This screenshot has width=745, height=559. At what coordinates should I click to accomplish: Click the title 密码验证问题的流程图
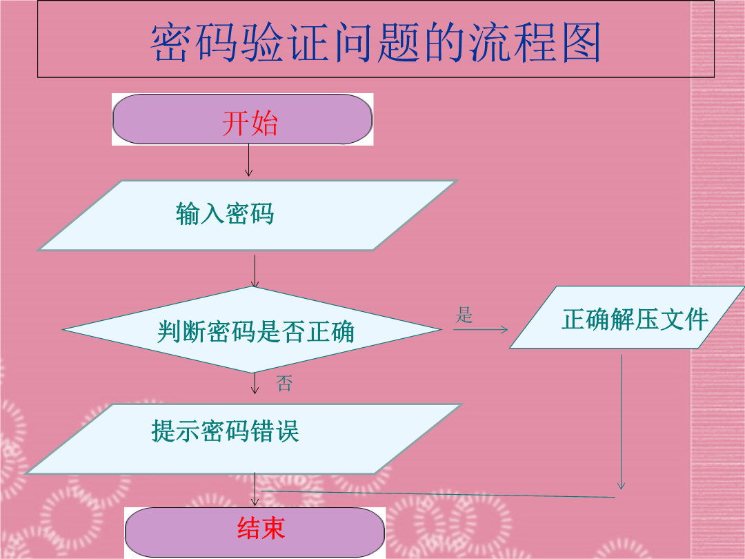click(375, 42)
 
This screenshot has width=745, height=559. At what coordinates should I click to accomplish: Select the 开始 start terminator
click(242, 119)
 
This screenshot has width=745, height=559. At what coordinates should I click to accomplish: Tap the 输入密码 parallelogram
click(247, 215)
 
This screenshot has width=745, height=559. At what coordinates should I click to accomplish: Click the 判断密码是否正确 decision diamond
click(252, 330)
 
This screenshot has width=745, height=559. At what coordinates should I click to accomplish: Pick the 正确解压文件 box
click(627, 317)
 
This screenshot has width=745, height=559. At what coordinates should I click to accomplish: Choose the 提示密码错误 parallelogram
click(244, 439)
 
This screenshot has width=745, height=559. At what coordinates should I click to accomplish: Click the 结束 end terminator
click(255, 532)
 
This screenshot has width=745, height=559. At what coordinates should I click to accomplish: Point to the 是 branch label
click(464, 315)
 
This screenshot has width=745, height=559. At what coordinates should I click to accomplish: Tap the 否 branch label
click(284, 383)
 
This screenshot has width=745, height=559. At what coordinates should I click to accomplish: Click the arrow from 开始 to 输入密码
click(248, 160)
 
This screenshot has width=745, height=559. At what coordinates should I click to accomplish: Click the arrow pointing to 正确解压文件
click(480, 329)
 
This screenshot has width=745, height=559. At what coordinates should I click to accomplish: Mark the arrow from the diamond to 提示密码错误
click(255, 384)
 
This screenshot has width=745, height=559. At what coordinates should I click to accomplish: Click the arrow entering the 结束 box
click(255, 489)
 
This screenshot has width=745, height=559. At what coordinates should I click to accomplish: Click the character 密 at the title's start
click(170, 42)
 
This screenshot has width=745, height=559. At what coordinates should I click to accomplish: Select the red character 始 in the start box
click(264, 123)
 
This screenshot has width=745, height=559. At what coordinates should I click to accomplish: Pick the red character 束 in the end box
click(272, 528)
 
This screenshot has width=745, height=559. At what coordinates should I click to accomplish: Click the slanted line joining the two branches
click(438, 494)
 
